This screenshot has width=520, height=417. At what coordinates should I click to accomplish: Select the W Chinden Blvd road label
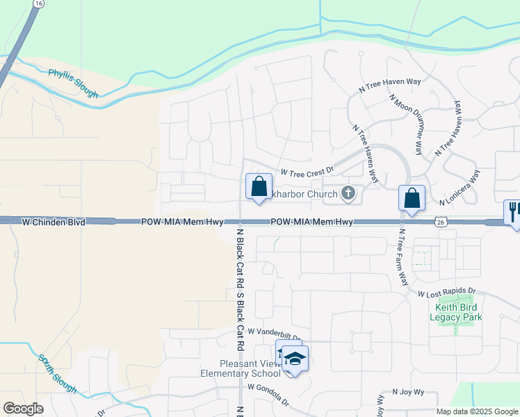(54, 222)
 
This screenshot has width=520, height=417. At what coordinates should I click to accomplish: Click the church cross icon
(348, 194)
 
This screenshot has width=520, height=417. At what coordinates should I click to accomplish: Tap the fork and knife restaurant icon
(513, 211)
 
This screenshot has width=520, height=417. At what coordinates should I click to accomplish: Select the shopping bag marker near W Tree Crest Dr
(259, 186)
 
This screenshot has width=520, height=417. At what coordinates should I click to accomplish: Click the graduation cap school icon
(295, 359)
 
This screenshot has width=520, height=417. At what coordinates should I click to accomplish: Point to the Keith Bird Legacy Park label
(458, 312)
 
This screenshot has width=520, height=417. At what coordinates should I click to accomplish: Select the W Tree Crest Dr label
(307, 170)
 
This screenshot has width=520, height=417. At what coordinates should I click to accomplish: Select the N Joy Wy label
(408, 392)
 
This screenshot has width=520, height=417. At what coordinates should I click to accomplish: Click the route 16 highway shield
(38, 4)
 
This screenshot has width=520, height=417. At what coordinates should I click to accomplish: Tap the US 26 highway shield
(440, 221)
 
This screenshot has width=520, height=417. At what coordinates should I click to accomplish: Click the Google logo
(23, 409)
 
